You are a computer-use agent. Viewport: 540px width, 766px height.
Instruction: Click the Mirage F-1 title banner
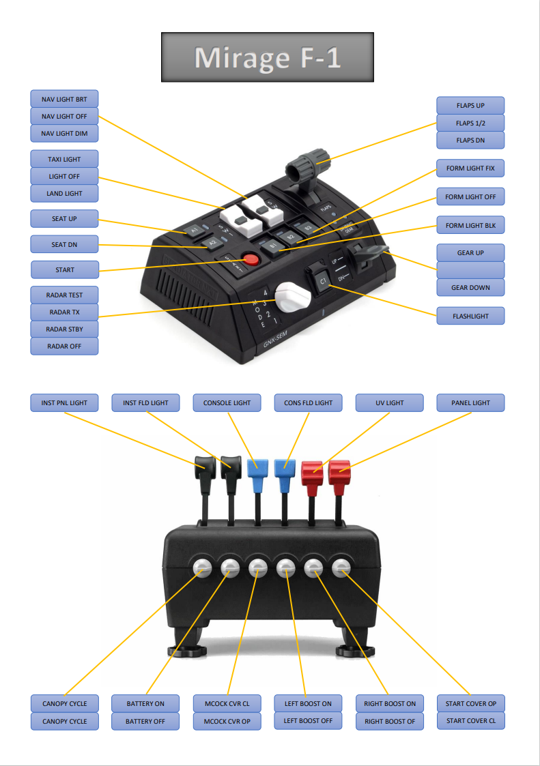point(267,57)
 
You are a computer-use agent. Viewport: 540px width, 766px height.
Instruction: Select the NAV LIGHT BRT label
point(64,99)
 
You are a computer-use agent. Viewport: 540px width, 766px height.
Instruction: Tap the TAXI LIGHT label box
point(64,159)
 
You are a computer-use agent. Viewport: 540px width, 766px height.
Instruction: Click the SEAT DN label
point(64,244)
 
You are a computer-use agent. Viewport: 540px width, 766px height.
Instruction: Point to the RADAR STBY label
point(64,329)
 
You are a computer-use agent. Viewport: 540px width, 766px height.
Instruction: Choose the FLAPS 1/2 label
point(470,123)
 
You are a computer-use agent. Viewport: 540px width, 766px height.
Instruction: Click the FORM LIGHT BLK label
point(470,225)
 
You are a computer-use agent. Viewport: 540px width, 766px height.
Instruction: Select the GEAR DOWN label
point(470,287)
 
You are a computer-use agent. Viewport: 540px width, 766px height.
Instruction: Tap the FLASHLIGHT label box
point(470,316)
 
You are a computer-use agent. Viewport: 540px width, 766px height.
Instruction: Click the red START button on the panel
point(251,260)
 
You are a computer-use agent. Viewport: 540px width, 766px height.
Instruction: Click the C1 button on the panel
point(323,280)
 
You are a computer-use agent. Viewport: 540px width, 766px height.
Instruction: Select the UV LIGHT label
point(390,402)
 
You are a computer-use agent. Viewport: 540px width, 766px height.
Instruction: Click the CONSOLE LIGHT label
point(227,402)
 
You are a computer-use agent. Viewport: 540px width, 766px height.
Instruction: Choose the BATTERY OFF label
point(145,721)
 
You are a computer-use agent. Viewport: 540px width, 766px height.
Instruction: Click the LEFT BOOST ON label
point(308,703)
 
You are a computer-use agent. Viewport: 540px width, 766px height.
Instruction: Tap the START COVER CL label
point(471,720)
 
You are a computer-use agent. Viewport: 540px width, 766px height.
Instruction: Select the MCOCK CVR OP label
point(227,721)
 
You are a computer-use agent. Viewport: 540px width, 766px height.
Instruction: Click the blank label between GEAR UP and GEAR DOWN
point(470,270)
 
